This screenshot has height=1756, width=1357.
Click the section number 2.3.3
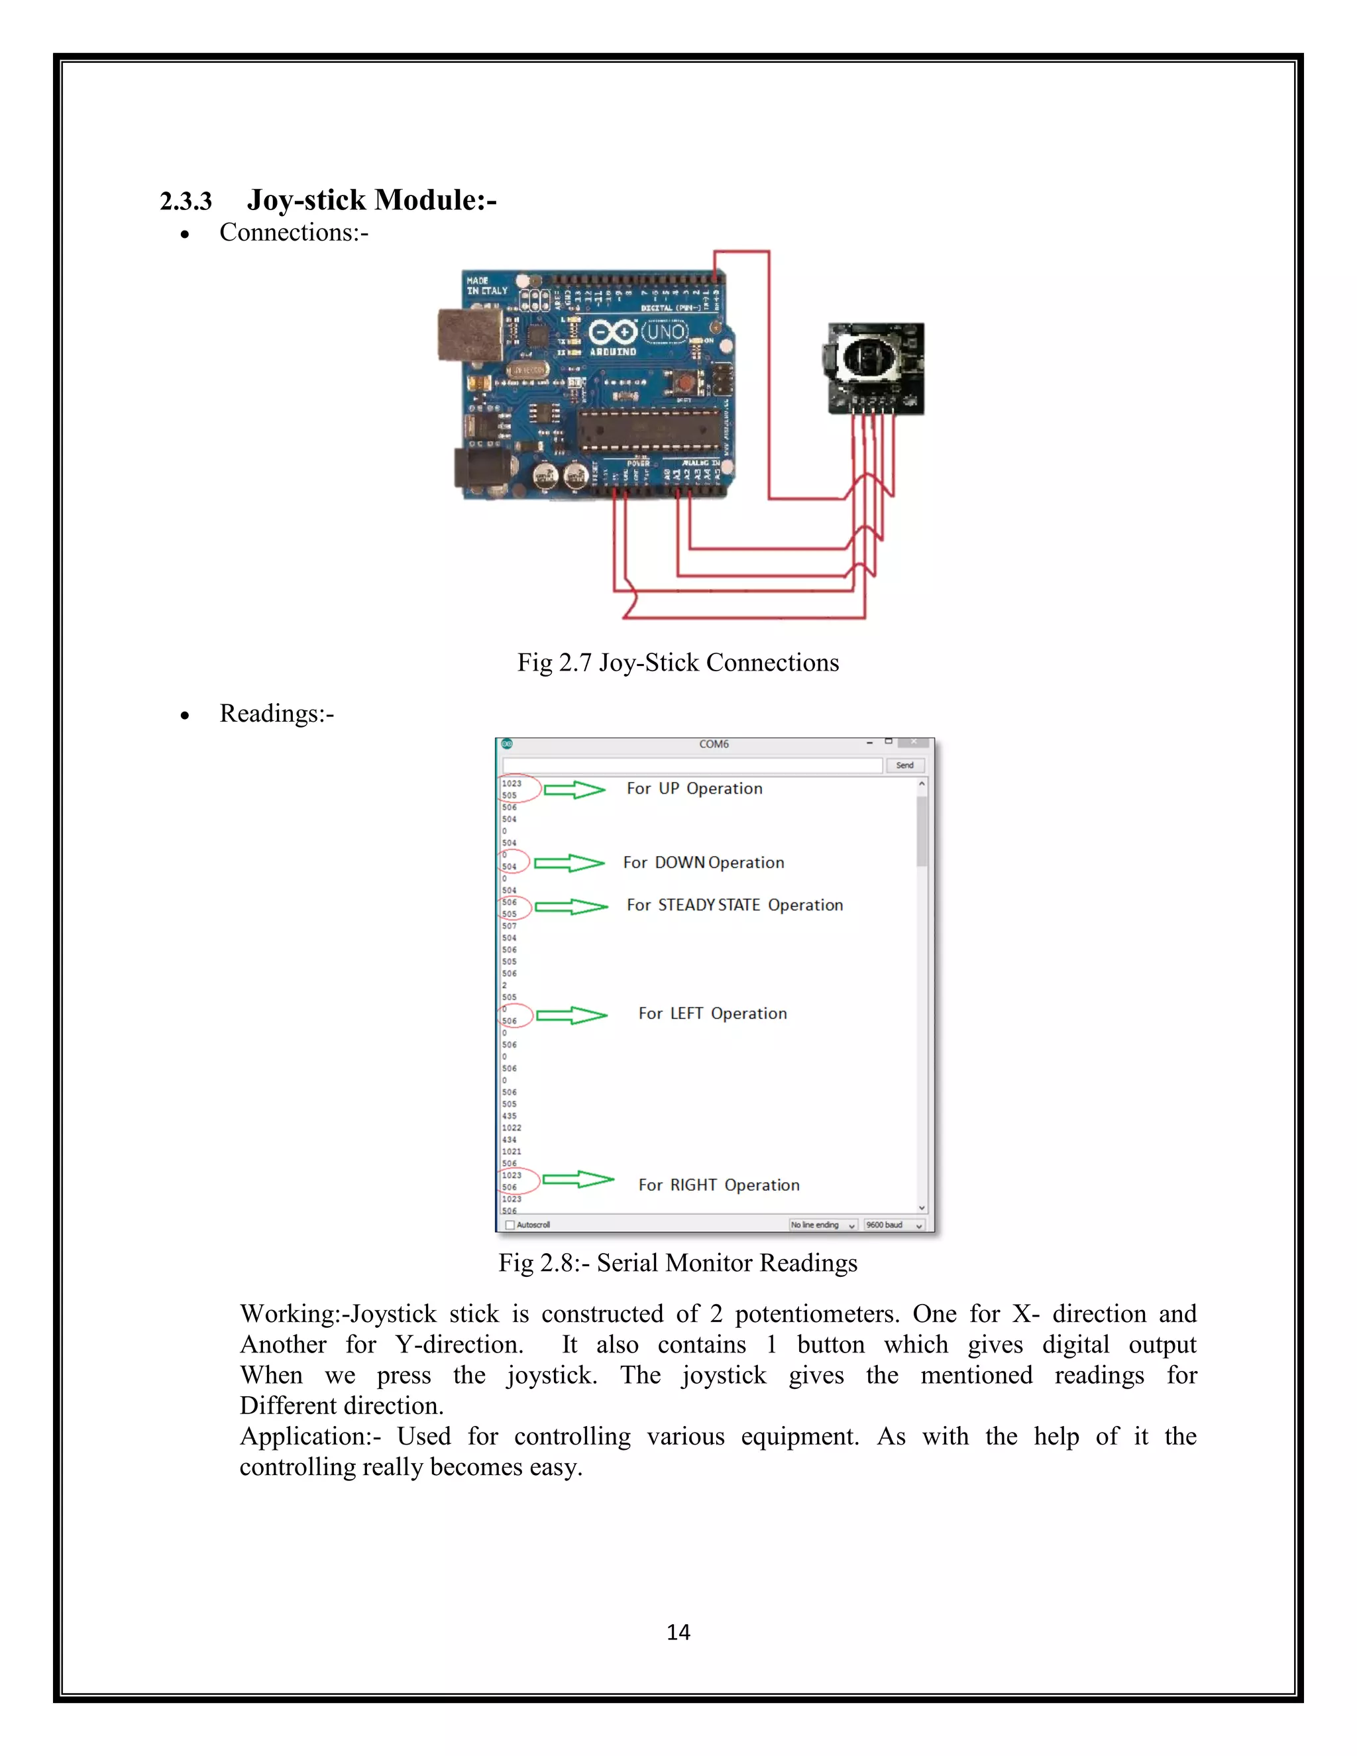pyautogui.click(x=186, y=201)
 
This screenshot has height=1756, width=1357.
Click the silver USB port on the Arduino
pyautogui.click(x=470, y=334)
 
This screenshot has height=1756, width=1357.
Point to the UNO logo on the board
pyautogui.click(x=666, y=331)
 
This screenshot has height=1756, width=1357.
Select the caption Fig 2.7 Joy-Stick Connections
pyautogui.click(x=678, y=663)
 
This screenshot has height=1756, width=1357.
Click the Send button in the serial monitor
pyautogui.click(x=904, y=765)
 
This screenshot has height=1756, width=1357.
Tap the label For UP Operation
pyautogui.click(x=694, y=789)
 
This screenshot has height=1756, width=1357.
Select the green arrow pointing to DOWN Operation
pyautogui.click(x=569, y=863)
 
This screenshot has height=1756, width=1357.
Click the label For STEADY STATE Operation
pyautogui.click(x=734, y=905)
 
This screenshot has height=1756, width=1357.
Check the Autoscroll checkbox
pyautogui.click(x=510, y=1225)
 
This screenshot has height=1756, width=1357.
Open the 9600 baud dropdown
pyautogui.click(x=894, y=1225)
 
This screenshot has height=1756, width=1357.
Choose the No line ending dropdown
pyautogui.click(x=822, y=1225)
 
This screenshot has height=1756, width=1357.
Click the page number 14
pyautogui.click(x=678, y=1632)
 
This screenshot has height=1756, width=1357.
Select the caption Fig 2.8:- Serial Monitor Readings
pyautogui.click(x=678, y=1263)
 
